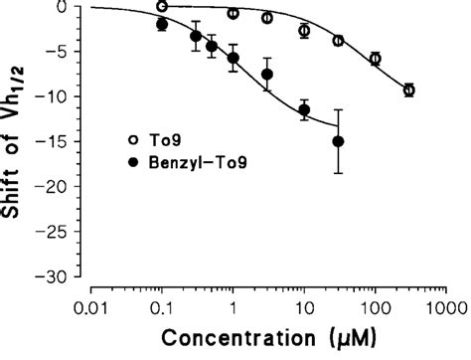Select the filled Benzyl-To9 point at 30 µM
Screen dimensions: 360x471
coord(338,141)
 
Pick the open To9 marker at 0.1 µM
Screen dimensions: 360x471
coord(162,6)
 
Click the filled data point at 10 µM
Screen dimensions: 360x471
coord(304,109)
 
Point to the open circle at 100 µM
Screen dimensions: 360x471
coord(375,60)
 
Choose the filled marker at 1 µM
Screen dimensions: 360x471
coord(234,58)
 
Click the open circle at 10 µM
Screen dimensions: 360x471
coord(304,32)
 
